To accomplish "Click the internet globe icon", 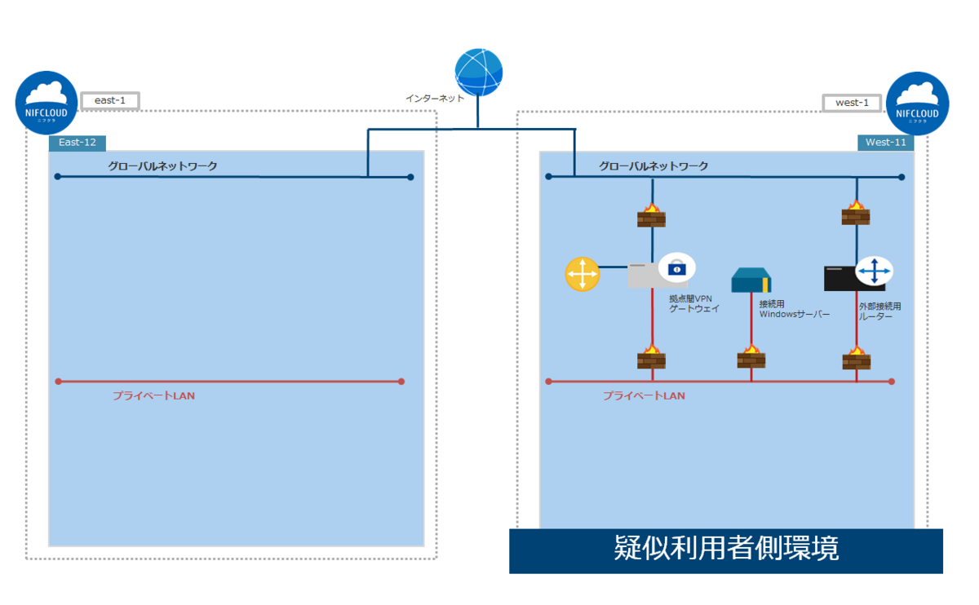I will coord(479,73).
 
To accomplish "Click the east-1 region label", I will coord(109,101).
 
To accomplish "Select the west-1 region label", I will coord(852,103).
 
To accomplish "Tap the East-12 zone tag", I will coord(77,143).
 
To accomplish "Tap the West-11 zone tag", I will coord(885,143).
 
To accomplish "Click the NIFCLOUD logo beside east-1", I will coord(47,102).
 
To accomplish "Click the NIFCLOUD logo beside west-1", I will coord(917,103).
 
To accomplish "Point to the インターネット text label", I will coord(435,99).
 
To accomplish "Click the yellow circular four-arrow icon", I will coord(583,275).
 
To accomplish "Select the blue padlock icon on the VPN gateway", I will coord(677,267).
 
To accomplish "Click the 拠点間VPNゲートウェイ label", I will coord(692,303).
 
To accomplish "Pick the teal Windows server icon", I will coord(751,280).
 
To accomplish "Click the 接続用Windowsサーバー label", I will coord(794,308).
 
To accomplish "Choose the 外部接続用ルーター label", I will coord(879,311).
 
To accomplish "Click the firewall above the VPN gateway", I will coord(651,216).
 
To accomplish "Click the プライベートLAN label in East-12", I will coord(153,395).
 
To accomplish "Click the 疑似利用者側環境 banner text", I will coord(726,549).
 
